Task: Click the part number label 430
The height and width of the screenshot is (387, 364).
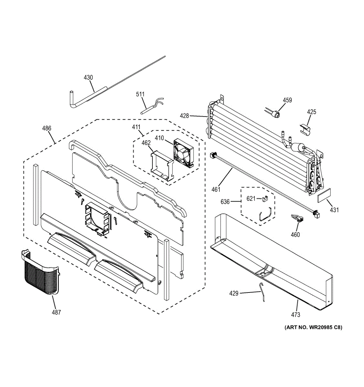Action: click(88, 77)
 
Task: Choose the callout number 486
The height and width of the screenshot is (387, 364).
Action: click(47, 128)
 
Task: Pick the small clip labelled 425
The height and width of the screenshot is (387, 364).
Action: click(306, 129)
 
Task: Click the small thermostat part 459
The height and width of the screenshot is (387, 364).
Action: click(275, 114)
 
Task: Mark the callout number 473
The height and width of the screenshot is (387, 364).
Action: click(295, 314)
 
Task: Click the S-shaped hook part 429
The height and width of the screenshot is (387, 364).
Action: click(263, 292)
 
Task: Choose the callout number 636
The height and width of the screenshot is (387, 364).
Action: click(225, 202)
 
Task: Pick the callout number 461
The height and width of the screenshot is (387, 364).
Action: click(215, 189)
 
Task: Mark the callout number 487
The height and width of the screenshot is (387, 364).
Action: click(56, 312)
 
